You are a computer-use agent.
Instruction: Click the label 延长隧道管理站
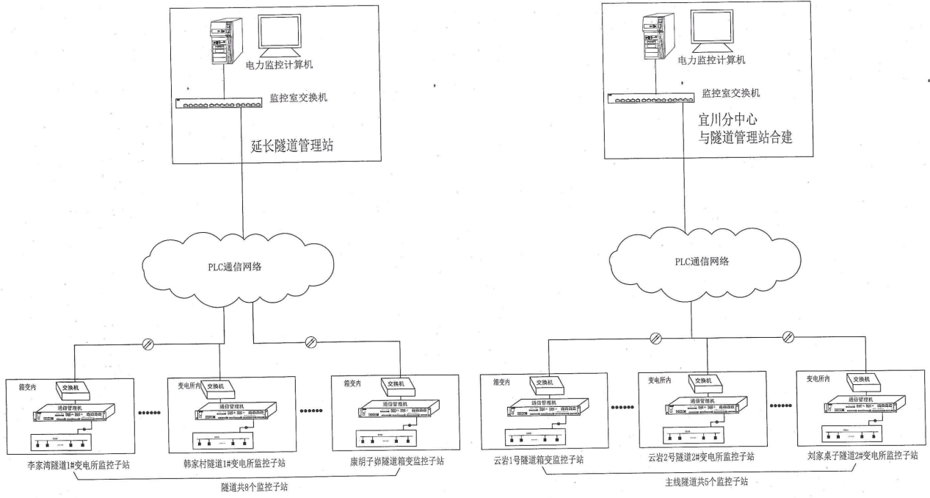pyautogui.click(x=292, y=146)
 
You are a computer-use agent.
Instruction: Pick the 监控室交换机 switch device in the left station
pyautogui.click(x=219, y=104)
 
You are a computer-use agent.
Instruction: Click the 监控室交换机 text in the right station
pyautogui.click(x=730, y=93)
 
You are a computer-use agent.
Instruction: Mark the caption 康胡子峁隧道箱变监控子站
pyautogui.click(x=397, y=462)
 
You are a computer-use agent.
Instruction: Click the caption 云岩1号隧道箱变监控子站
pyautogui.click(x=539, y=461)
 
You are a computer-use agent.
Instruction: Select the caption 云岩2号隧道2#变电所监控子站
pyautogui.click(x=702, y=458)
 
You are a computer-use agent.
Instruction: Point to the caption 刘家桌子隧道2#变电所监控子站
pyautogui.click(x=862, y=455)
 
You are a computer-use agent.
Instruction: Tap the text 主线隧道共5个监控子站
pyautogui.click(x=702, y=481)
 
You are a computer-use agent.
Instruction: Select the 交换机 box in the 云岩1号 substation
pyautogui.click(x=544, y=381)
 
